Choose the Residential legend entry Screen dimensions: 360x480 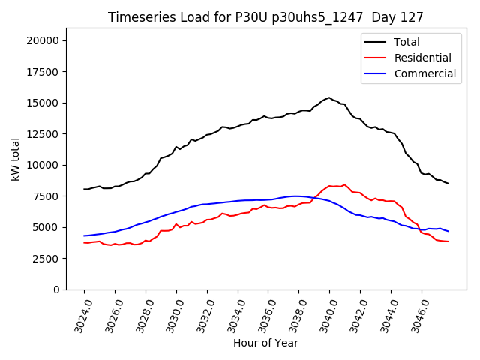point(422,58)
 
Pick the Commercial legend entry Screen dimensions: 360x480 point(424,73)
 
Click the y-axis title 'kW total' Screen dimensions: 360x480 point(16,159)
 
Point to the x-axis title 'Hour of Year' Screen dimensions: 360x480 point(265,343)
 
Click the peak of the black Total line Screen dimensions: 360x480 point(328,97)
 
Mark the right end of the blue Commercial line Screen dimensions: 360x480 point(448,231)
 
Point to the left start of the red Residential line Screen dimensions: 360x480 point(84,242)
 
